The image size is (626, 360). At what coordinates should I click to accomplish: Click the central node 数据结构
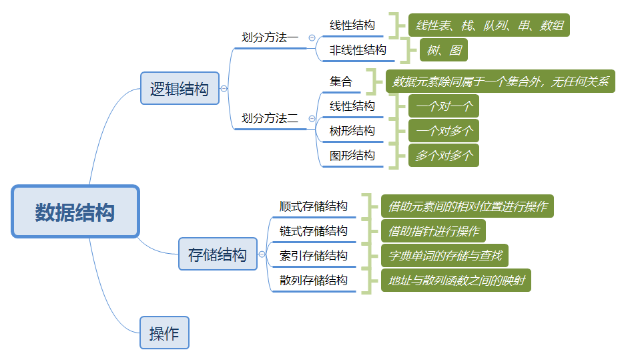[x=75, y=212]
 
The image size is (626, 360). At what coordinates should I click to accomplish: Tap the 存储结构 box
[x=218, y=254]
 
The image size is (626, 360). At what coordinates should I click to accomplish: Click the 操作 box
[x=164, y=333]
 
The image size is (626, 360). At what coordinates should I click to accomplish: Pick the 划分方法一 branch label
[x=270, y=38]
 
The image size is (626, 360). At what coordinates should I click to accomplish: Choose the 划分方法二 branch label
[x=270, y=119]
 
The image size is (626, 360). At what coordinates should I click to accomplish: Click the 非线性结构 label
[x=358, y=50]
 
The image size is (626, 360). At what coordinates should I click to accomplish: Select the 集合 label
[x=341, y=82]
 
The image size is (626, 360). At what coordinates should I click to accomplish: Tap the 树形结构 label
[x=352, y=131]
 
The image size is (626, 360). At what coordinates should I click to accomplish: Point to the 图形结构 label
[x=352, y=156]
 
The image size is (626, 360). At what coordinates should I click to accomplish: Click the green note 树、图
[x=443, y=50]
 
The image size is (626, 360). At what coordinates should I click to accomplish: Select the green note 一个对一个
[x=444, y=106]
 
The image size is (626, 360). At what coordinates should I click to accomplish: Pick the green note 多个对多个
[x=444, y=156]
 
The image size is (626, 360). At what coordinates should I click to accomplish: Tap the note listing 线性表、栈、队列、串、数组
[x=489, y=26]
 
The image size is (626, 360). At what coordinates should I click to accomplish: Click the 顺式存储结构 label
[x=314, y=206]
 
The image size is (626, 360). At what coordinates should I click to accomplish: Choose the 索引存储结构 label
[x=314, y=256]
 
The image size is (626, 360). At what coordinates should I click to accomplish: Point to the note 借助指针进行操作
[x=433, y=231]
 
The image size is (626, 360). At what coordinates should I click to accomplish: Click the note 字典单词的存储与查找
[x=444, y=256]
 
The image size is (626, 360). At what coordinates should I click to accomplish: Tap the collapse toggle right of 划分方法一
[x=312, y=38]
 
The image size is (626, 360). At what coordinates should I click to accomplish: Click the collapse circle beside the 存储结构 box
[x=262, y=254]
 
